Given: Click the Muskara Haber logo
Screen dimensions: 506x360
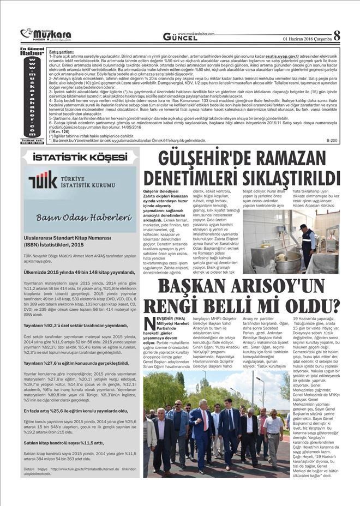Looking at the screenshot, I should coord(47,35).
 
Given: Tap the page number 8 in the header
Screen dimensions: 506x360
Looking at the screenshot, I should coord(337,35).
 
